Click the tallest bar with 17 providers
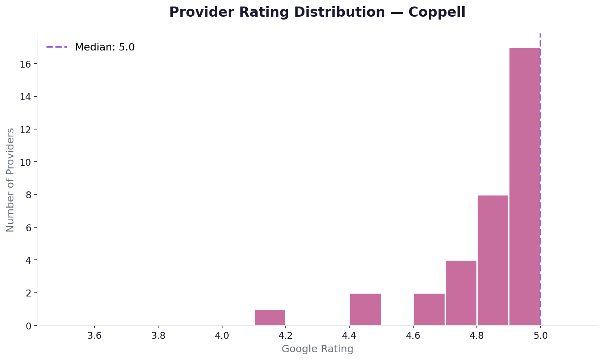pos(525,187)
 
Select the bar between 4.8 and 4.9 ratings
pos(493,260)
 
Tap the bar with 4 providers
pos(461,293)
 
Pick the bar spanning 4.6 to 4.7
pos(429,309)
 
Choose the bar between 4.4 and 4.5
pos(366,309)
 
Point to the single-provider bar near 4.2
pos(270,318)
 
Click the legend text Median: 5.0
pos(105,47)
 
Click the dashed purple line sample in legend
pos(57,47)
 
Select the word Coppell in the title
pos(436,12)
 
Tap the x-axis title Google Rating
pos(317,349)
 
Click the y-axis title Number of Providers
pos(11,180)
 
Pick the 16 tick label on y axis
pos(26,64)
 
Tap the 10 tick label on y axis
pos(26,162)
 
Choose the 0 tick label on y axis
pos(29,326)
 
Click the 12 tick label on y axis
pos(26,130)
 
